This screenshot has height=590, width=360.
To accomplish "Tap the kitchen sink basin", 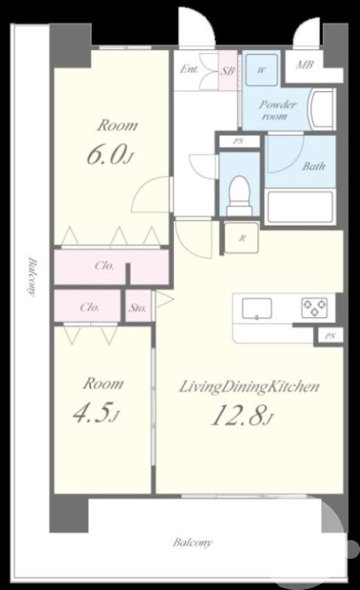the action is (x=257, y=308).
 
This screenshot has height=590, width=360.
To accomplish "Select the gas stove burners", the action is (x=314, y=308).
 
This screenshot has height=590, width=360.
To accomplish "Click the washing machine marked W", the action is (x=262, y=70).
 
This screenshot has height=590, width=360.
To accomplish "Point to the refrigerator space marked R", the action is (x=242, y=237).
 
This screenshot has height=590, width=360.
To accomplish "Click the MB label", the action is (x=304, y=65).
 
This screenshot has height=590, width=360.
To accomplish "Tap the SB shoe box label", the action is (x=227, y=70).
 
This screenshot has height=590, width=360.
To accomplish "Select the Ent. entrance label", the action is (x=189, y=69).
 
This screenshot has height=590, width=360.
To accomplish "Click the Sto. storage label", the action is (x=137, y=308).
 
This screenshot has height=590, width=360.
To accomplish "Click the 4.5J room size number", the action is (x=96, y=413).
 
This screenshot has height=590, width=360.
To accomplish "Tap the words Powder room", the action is (x=277, y=110).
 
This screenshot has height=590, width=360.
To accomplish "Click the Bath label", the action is (x=314, y=166).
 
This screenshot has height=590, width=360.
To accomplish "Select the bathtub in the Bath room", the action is (x=300, y=207).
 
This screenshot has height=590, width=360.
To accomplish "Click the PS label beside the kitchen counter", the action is (x=330, y=336).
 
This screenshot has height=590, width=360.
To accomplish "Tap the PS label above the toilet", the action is (x=238, y=142).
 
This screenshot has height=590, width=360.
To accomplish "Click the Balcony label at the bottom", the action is (x=193, y=542).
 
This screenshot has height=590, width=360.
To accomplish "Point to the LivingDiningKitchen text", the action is (x=249, y=386).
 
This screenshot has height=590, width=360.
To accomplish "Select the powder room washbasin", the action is (x=321, y=109).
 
